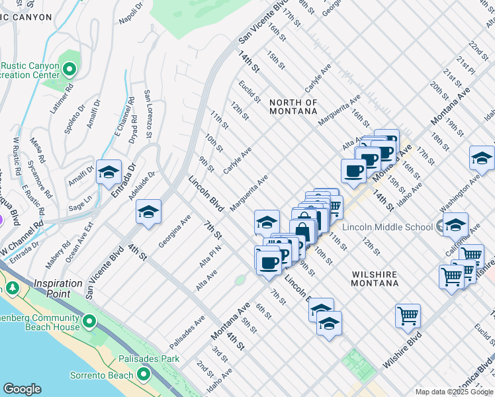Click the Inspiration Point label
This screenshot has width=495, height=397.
58,288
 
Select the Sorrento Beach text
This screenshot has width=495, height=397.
102,375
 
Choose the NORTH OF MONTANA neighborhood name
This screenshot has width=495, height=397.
293,107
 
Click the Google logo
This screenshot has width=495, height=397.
22,389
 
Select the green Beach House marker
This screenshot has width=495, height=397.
89,322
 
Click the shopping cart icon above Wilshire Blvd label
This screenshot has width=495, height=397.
408,315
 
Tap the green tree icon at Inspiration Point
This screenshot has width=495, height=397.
13,288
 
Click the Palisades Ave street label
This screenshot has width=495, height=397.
187,333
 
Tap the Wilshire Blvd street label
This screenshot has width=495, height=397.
402,351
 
